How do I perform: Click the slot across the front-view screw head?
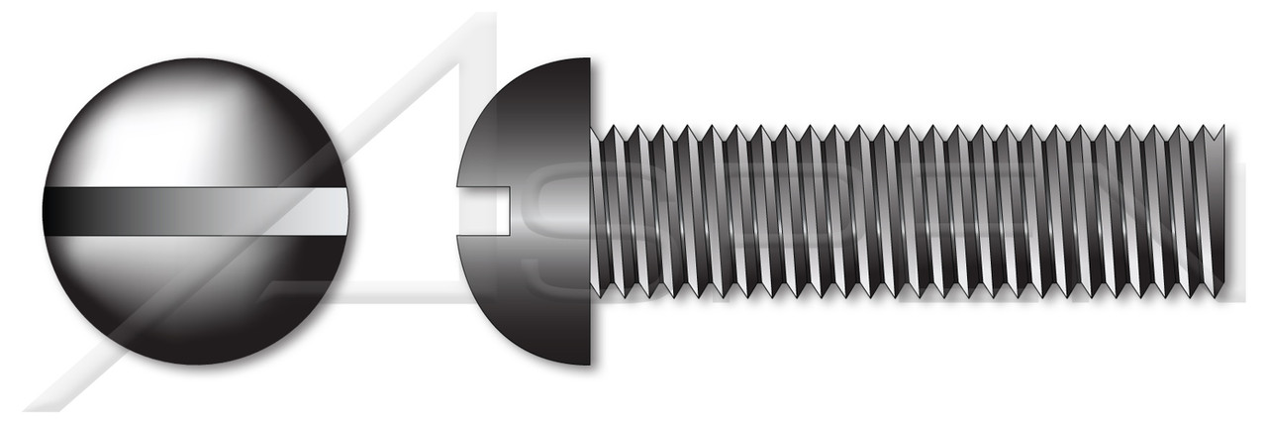tap(195, 211)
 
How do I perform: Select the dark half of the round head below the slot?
tap(195, 297)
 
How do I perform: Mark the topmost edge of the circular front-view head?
tap(195, 59)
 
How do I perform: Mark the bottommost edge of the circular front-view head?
tap(195, 364)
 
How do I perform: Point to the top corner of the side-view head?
tap(588, 60)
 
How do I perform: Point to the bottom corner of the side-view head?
tap(588, 363)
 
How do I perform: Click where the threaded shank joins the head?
tap(592, 211)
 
